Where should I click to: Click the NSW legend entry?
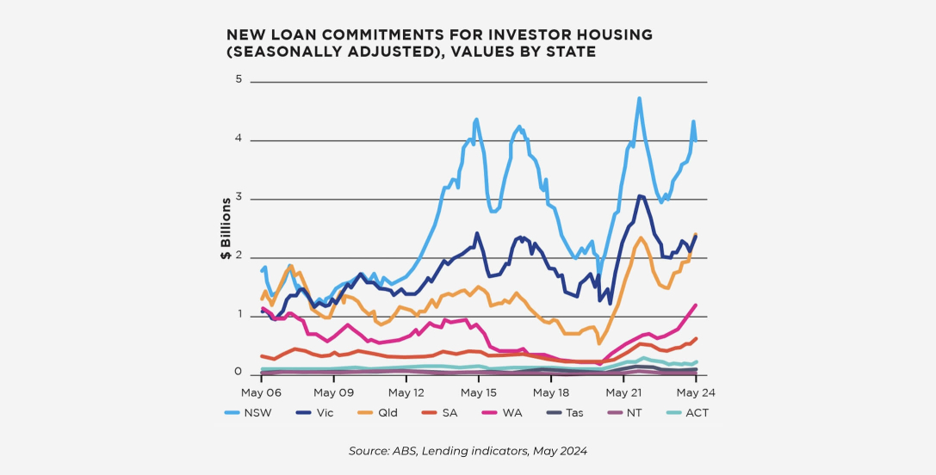pyautogui.click(x=248, y=413)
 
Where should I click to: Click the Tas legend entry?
pyautogui.click(x=564, y=413)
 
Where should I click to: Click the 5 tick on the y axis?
pyautogui.click(x=239, y=80)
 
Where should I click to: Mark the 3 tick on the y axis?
pyautogui.click(x=239, y=198)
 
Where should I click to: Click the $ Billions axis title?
pyautogui.click(x=226, y=229)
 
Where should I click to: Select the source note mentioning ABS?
pyautogui.click(x=468, y=451)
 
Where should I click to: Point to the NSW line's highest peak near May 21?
pyautogui.click(x=639, y=99)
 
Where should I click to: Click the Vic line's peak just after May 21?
pyautogui.click(x=641, y=197)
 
